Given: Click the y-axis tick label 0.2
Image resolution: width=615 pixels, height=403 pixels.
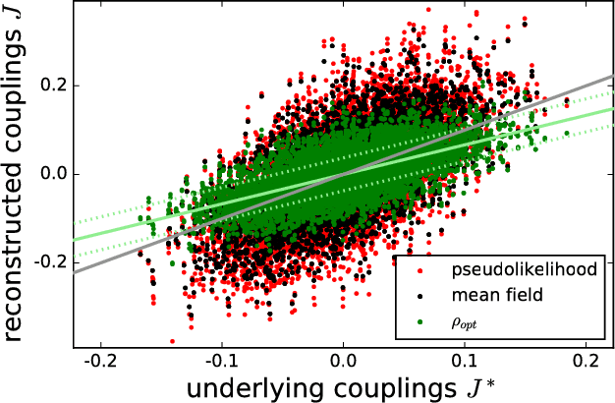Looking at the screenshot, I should pos(51,85).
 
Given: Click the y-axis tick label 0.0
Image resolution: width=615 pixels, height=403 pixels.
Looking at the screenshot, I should pos(51,173).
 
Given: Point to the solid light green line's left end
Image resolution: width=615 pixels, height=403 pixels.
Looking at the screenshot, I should pos(75,240).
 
